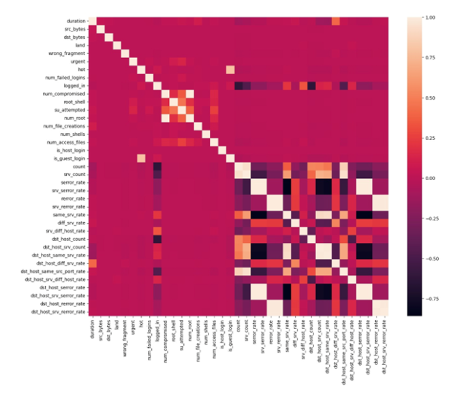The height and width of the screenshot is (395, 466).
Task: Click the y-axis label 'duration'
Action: point(72,20)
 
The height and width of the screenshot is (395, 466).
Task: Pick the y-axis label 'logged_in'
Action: point(71,86)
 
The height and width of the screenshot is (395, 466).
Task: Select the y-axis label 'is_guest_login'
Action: point(67,158)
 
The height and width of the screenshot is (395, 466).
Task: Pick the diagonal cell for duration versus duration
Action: point(92,20)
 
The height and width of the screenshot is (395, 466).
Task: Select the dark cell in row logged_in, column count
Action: point(238,86)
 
